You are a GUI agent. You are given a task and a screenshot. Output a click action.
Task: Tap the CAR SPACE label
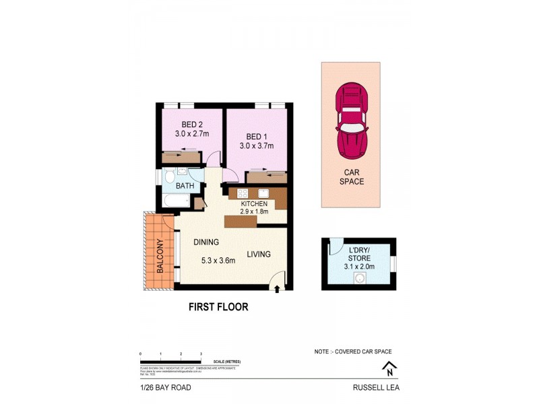[350, 176]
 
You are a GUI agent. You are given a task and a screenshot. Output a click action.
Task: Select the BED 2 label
[192, 125]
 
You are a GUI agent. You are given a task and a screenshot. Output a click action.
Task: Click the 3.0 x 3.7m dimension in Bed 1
[257, 145]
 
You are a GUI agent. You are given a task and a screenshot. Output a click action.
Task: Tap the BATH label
[185, 186]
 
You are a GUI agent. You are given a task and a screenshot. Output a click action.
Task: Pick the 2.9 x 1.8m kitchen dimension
[254, 211]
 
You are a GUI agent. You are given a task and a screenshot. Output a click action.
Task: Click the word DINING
[208, 242]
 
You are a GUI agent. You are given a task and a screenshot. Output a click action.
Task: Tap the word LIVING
[258, 255]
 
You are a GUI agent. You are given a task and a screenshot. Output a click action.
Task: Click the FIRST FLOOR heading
[218, 307]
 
